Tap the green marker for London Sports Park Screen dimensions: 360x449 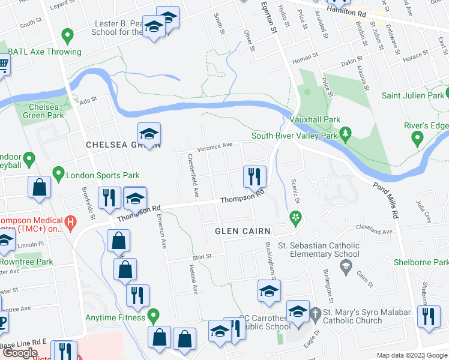click(58, 175)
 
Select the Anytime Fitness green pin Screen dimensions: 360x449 click(153, 314)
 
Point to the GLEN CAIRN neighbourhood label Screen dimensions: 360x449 click(244, 231)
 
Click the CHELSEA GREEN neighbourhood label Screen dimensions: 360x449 click(123, 145)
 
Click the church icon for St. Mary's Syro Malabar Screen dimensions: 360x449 click(316, 313)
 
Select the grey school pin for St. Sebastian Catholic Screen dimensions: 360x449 click(345, 268)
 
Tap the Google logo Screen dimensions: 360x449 click(20, 353)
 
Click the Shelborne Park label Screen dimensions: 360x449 click(421, 262)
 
